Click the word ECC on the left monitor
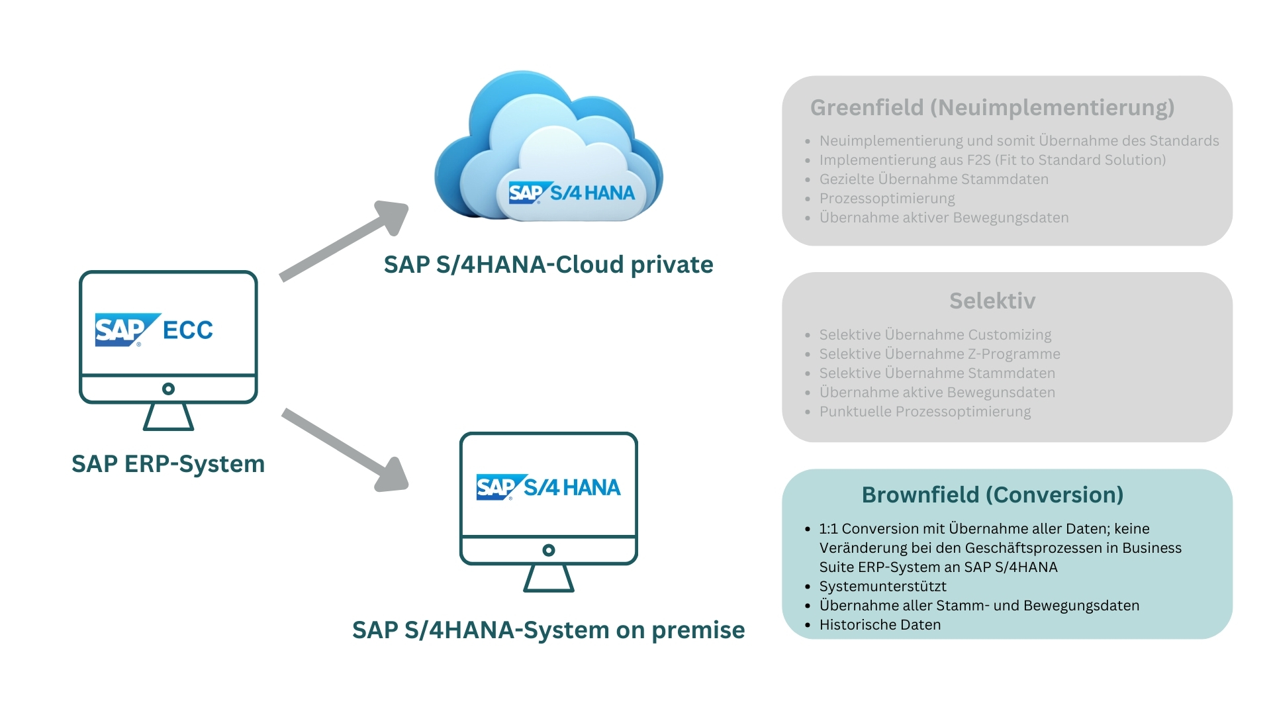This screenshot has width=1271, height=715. tap(188, 330)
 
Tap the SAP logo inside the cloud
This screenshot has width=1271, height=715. tap(526, 193)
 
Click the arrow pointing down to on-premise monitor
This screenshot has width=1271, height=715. tap(344, 450)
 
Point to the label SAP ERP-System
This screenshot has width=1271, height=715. tap(168, 464)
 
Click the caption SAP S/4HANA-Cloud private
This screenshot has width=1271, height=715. tap(548, 265)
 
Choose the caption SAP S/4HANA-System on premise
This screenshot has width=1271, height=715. tap(548, 630)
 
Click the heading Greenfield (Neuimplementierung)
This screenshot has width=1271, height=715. tap(992, 108)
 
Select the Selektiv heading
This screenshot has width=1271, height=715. tap(992, 301)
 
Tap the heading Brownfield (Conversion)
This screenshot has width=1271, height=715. tap(992, 495)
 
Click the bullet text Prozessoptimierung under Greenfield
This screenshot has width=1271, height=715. tap(887, 199)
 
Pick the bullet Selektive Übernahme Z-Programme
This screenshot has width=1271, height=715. tap(939, 354)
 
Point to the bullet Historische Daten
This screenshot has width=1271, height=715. tap(880, 625)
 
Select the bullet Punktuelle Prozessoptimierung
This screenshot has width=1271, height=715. tap(925, 412)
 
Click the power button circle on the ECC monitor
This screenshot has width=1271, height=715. tap(168, 389)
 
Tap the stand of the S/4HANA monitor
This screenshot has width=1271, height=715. tap(548, 578)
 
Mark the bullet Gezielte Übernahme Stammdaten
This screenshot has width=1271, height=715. tap(933, 179)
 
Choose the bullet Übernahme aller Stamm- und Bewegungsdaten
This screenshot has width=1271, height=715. tap(979, 606)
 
